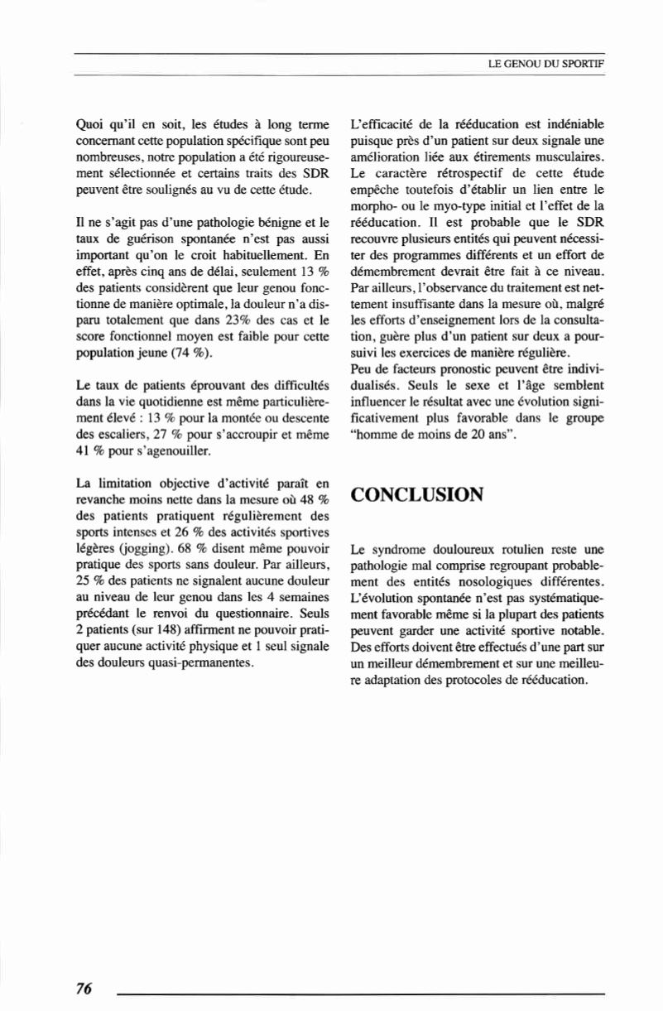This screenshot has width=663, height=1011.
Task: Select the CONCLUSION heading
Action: pyautogui.click(x=417, y=495)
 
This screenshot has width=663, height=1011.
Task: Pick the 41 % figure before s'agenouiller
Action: pyautogui.click(x=89, y=452)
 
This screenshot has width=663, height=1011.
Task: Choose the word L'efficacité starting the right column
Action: pyautogui.click(x=386, y=126)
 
